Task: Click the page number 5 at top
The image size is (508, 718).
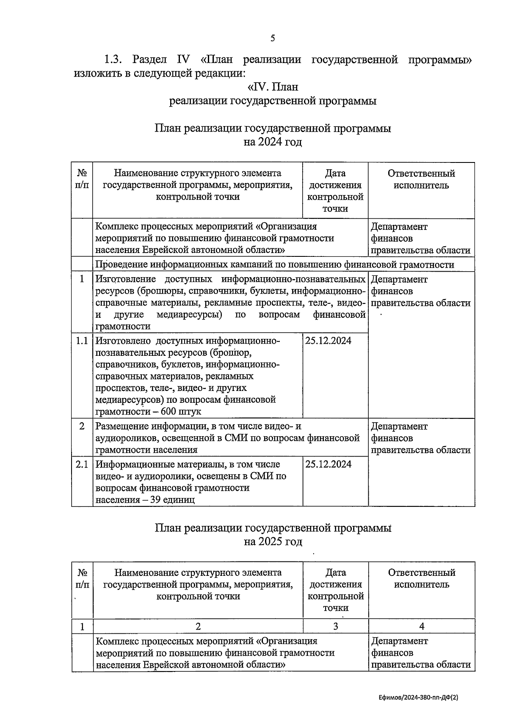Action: [x=273, y=38]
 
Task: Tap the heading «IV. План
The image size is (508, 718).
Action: [x=273, y=87]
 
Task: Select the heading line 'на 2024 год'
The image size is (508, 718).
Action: [x=273, y=142]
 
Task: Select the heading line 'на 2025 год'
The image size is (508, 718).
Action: [x=273, y=542]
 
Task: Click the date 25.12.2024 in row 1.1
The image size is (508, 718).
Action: [x=329, y=341]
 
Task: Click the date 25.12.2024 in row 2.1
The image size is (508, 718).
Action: [x=329, y=464]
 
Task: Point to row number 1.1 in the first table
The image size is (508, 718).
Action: [x=82, y=341]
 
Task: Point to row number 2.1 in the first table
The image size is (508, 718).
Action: [x=82, y=464]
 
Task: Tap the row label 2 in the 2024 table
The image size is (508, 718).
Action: [x=82, y=426]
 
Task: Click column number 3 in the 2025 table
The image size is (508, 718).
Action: [x=335, y=626]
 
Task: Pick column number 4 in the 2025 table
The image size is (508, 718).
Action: [x=421, y=626]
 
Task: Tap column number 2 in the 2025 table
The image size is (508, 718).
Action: [x=198, y=626]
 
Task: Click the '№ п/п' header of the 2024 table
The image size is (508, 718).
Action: [x=82, y=179]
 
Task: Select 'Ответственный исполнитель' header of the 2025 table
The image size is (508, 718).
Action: [x=421, y=578]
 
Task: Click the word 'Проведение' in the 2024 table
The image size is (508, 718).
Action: [x=121, y=265]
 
